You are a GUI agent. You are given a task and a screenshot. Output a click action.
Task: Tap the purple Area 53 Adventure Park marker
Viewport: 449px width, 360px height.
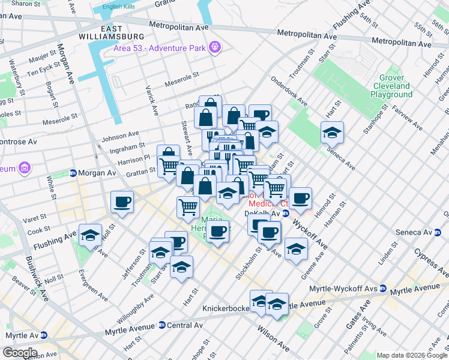tap(215, 47)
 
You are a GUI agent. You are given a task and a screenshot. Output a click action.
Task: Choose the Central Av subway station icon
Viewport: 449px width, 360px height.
tap(161, 325)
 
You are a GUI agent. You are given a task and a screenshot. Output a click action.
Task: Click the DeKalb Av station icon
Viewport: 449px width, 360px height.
tap(286, 213)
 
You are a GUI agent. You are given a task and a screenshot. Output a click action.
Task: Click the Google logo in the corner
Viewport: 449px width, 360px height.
tap(19, 353)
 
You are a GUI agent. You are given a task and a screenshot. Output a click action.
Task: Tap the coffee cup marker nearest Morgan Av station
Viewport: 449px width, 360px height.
tap(122, 201)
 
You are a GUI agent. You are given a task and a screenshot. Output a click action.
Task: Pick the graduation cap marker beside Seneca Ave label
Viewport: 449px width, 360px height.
tap(332, 132)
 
